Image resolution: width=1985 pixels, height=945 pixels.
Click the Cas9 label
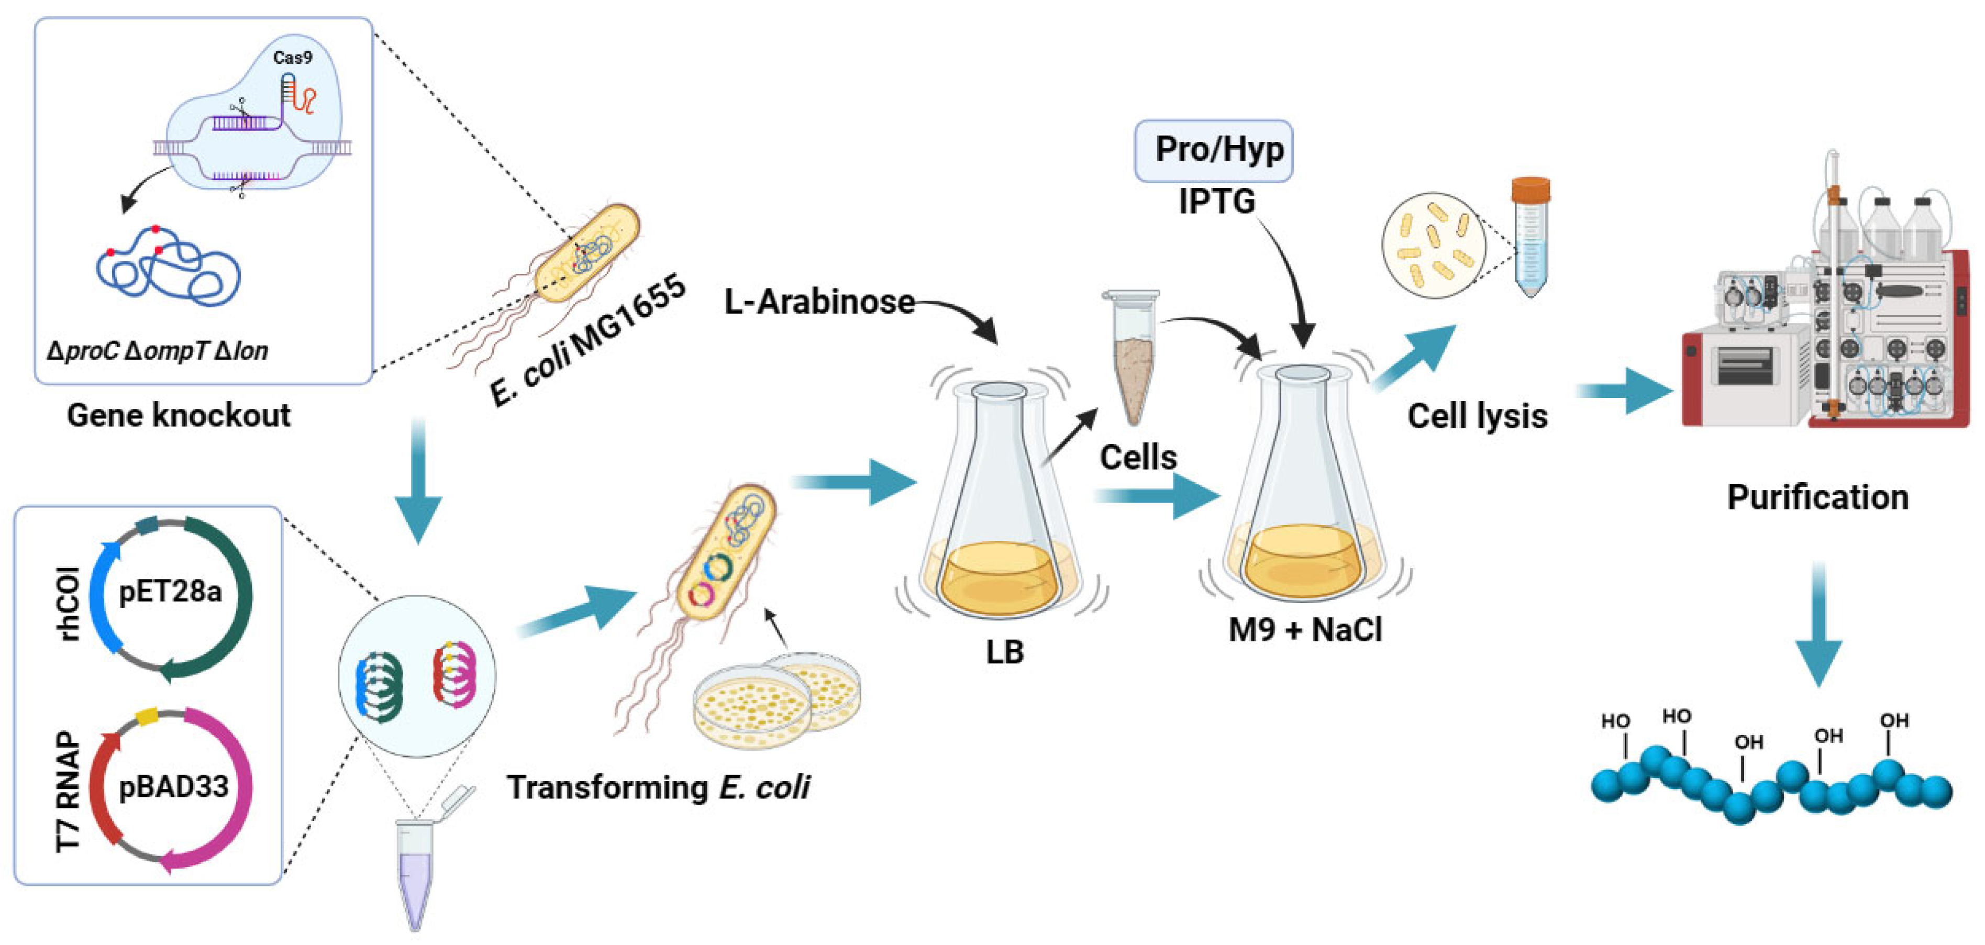click(x=292, y=57)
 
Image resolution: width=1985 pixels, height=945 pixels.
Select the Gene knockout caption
click(x=178, y=415)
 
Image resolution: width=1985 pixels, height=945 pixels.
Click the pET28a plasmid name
click(x=170, y=592)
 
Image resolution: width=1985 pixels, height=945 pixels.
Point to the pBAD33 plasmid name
click(x=173, y=786)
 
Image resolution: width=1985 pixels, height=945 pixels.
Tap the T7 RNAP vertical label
click(x=69, y=792)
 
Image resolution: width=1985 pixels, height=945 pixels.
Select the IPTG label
click(x=1217, y=202)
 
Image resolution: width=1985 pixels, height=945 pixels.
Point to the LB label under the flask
click(x=1004, y=652)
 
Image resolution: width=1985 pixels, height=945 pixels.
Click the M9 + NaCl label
click(x=1305, y=630)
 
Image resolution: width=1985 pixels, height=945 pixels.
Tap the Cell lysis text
click(x=1477, y=416)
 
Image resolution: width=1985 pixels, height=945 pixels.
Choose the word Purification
click(x=1817, y=497)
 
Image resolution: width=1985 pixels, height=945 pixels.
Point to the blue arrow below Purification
click(x=1818, y=624)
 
